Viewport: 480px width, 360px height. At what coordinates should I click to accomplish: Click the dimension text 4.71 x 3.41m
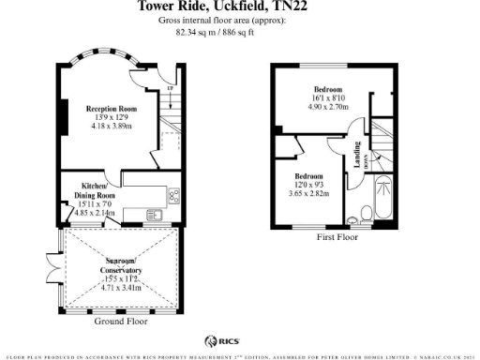pyautogui.click(x=120, y=289)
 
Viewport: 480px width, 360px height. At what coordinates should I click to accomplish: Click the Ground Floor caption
pyautogui.click(x=121, y=322)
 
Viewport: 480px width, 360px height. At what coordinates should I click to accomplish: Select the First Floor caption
pyautogui.click(x=337, y=238)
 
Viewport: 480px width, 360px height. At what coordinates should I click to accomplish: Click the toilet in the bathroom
pyautogui.click(x=353, y=221)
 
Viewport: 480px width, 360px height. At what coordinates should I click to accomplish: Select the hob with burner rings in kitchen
pyautogui.click(x=173, y=197)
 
